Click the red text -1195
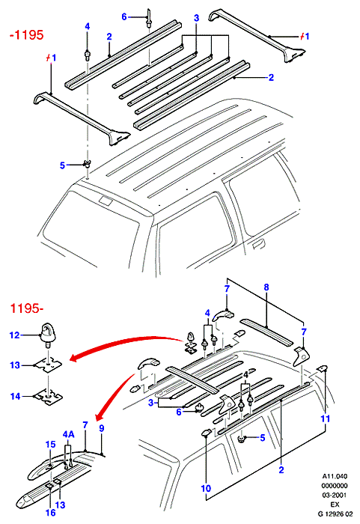coord(27,34)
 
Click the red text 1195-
coord(27,308)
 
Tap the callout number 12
coord(15,335)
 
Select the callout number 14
coord(16,396)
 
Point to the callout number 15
coord(50,444)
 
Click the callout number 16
coord(50,512)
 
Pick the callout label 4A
coord(69,434)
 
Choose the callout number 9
coord(102,428)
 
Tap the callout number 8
coord(266,287)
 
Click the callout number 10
coord(206,488)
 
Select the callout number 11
coord(326,418)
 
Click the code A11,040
coord(335,476)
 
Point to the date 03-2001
coord(335,495)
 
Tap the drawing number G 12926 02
coord(335,514)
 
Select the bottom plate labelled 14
coord(49,396)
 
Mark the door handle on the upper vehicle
coord(257,244)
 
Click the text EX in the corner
coord(335,505)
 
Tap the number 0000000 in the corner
coord(335,486)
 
